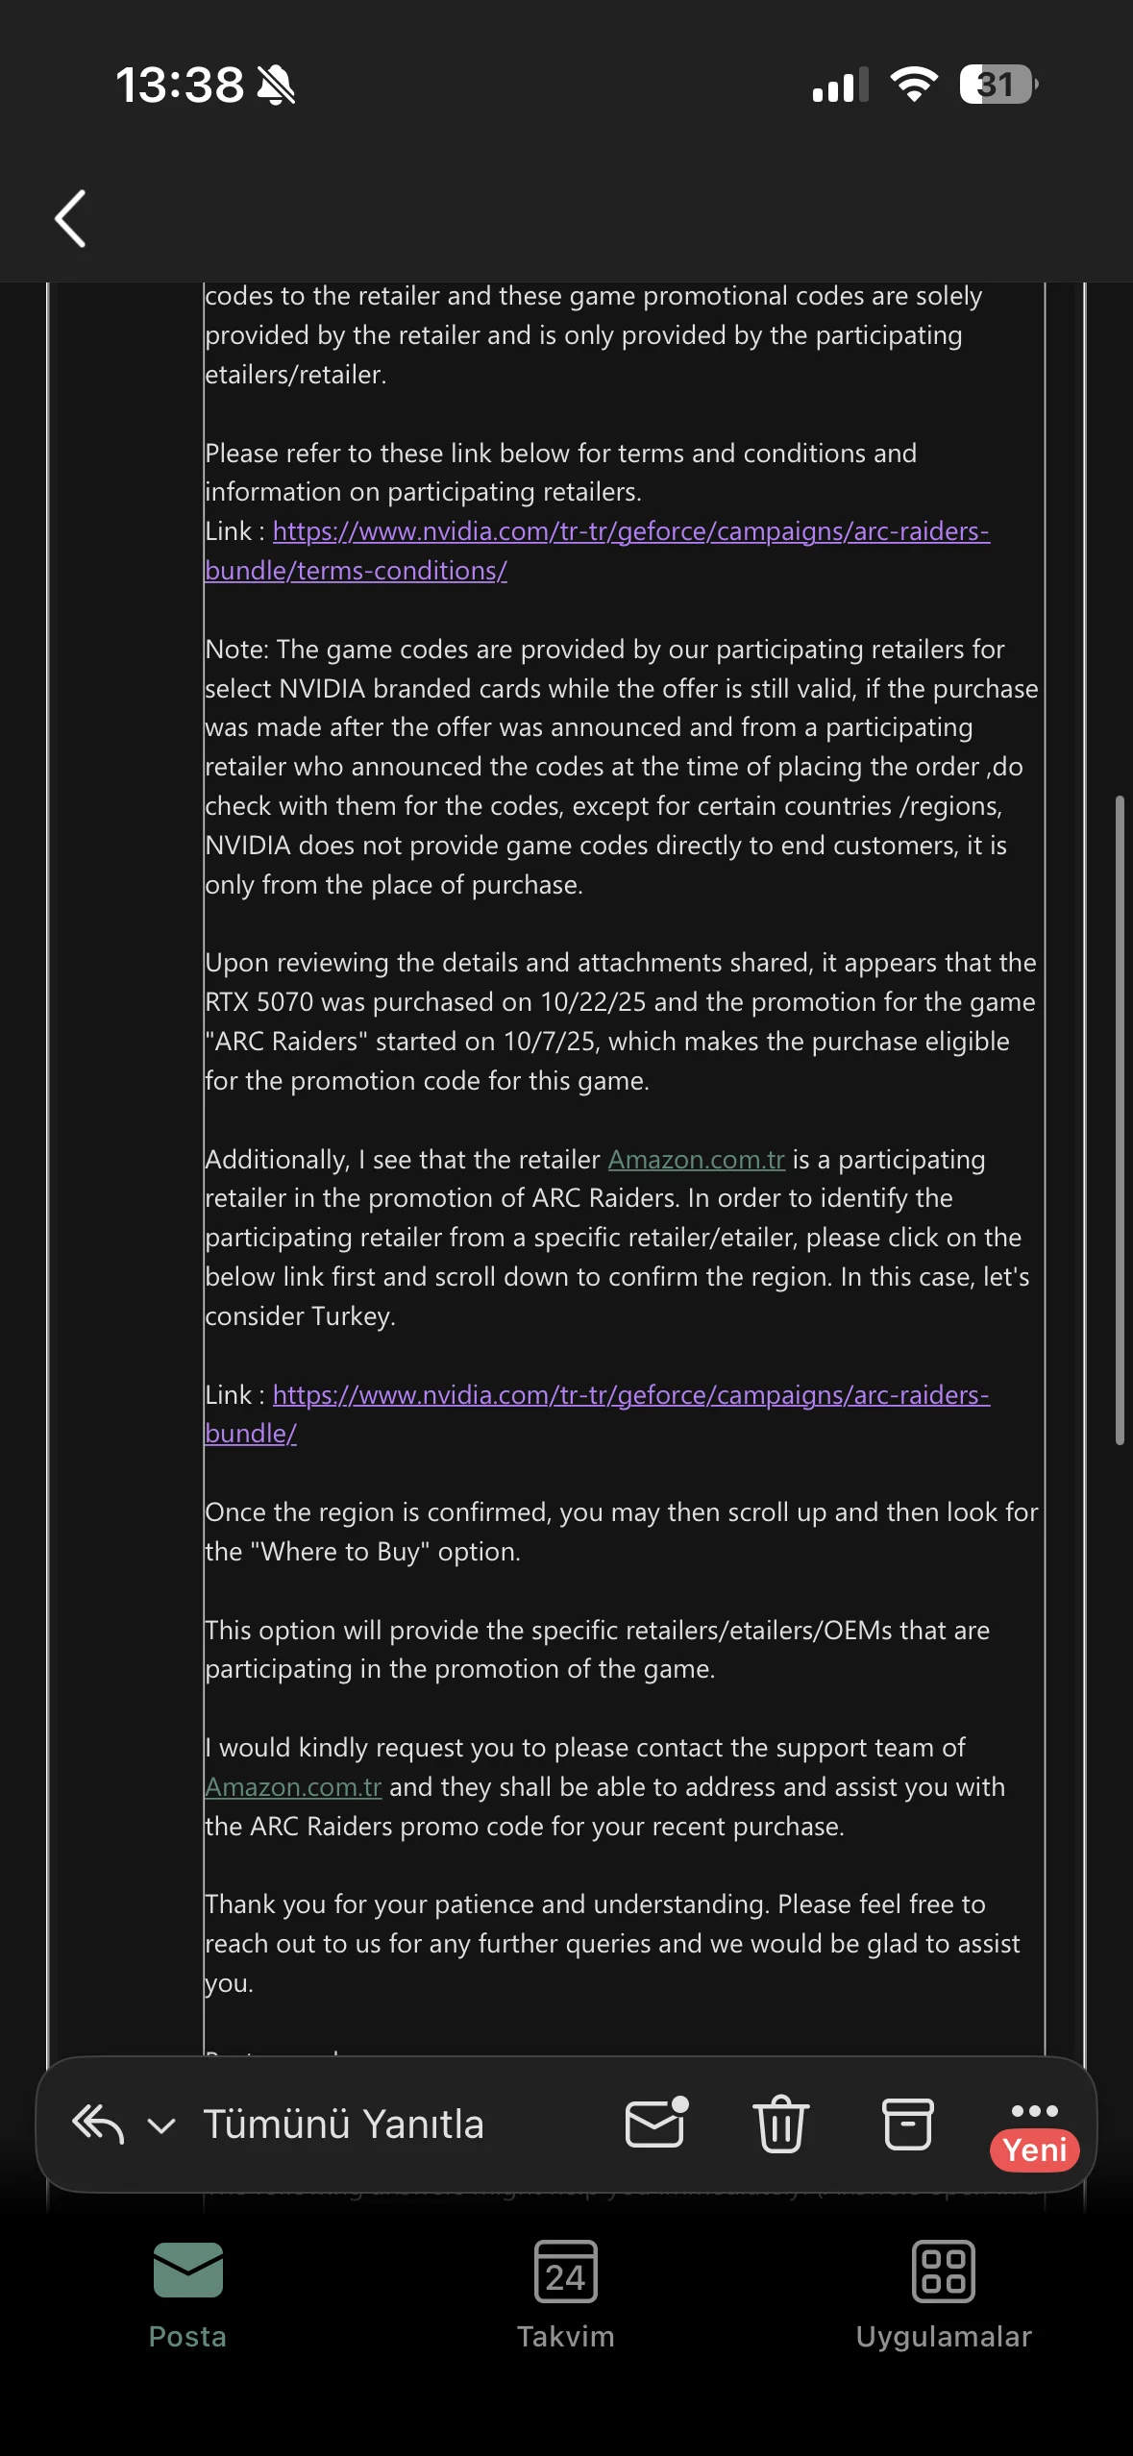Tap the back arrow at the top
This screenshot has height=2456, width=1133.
[x=71, y=218]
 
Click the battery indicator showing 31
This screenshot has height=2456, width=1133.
[x=998, y=85]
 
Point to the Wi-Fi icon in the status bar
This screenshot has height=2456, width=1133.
[x=914, y=85]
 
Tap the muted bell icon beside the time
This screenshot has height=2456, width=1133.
[x=276, y=86]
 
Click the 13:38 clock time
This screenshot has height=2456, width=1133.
[x=180, y=85]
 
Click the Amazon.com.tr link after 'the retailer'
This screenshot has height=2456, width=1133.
[x=696, y=1160]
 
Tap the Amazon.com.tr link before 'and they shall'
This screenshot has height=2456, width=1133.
[x=293, y=1787]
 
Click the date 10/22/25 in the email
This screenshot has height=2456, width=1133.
[x=593, y=1002]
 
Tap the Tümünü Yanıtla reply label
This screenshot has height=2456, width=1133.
[x=343, y=2124]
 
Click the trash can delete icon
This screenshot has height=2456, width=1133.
[x=780, y=2124]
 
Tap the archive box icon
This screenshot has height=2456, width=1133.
[x=907, y=2124]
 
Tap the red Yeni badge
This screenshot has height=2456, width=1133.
[x=1034, y=2149]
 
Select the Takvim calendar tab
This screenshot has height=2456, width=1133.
[x=565, y=2293]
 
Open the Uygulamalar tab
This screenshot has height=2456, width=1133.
[x=943, y=2293]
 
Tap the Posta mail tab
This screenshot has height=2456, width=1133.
[x=187, y=2293]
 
